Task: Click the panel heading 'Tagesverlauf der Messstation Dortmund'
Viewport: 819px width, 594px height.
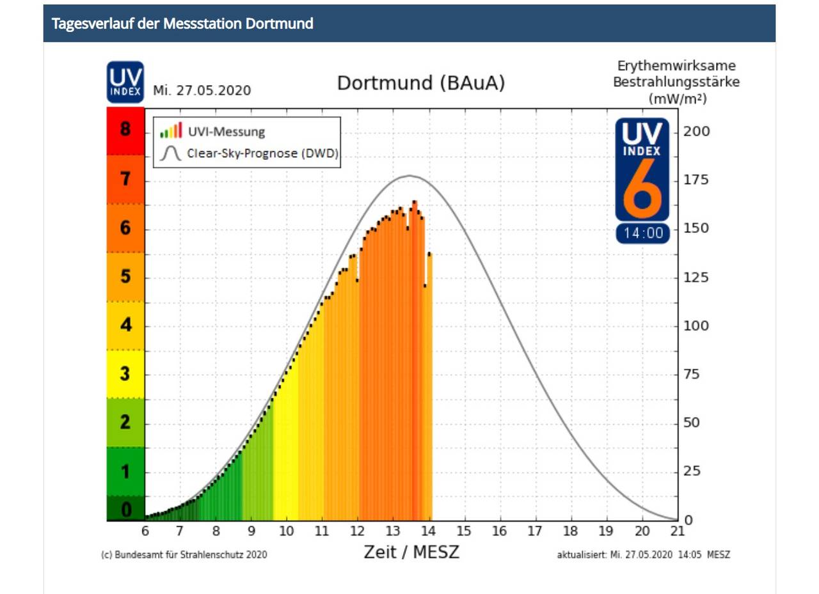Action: (x=182, y=24)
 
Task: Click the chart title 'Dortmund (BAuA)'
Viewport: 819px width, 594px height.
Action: (x=421, y=84)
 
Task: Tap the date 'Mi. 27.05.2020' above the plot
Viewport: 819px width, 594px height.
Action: (x=202, y=91)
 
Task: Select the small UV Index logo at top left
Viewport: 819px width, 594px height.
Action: (x=125, y=82)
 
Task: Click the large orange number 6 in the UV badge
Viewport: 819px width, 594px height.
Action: (x=642, y=189)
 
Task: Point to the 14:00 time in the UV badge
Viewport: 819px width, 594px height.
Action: (x=643, y=233)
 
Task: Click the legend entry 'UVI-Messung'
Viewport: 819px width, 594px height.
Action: (x=226, y=132)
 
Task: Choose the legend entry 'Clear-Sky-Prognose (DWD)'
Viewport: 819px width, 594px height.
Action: (x=262, y=153)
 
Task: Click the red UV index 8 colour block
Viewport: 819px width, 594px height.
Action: (x=125, y=130)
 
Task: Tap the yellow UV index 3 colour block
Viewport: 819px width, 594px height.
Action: (x=125, y=374)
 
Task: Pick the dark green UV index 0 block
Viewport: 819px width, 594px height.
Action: (x=125, y=509)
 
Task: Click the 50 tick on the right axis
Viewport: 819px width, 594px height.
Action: (x=691, y=423)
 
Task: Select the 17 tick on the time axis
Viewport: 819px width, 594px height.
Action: (x=535, y=531)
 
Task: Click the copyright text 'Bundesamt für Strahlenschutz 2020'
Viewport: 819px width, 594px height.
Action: (x=184, y=554)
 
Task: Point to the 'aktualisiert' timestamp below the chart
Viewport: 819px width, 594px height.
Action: (x=644, y=554)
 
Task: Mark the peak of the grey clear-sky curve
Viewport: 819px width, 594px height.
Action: (x=409, y=175)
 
